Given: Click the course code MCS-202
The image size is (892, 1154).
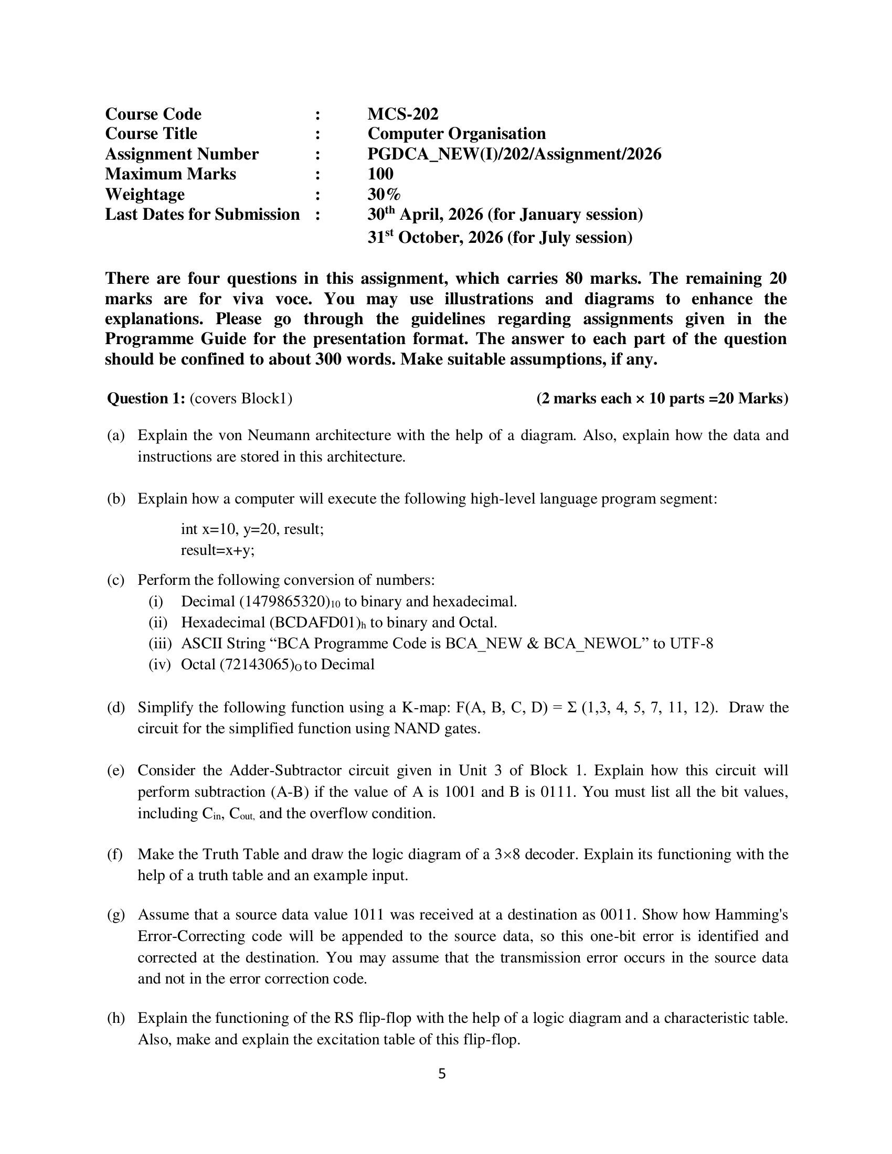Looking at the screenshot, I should click(402, 114).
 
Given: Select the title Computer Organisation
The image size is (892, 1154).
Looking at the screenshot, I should click(456, 134).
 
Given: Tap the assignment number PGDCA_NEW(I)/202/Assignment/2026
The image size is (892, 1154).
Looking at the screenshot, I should click(514, 154).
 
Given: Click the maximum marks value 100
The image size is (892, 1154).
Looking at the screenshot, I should click(380, 174).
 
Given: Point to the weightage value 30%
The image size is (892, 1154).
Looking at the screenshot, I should click(384, 195).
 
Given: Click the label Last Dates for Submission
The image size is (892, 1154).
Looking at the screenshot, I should click(203, 215).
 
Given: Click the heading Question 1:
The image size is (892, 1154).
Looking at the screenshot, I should click(146, 399).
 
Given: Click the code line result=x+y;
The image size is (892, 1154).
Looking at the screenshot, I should click(218, 550).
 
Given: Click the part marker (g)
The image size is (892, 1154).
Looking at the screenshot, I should click(116, 915).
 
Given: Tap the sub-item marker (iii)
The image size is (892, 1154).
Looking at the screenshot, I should click(160, 644).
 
